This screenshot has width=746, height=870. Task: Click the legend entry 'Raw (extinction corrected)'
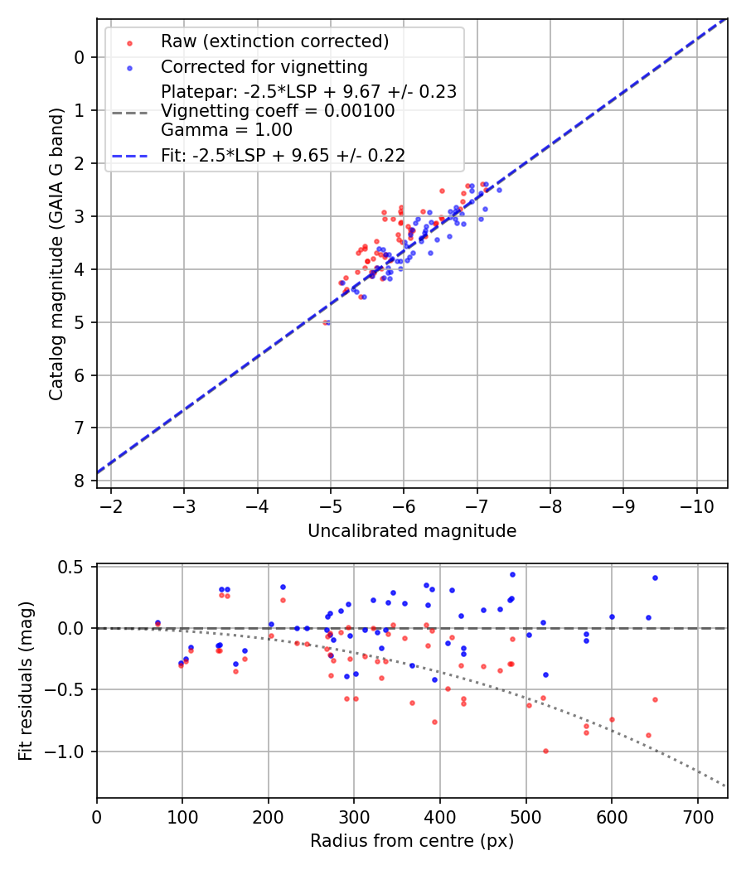(x=274, y=41)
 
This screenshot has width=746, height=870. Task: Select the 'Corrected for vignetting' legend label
(x=264, y=66)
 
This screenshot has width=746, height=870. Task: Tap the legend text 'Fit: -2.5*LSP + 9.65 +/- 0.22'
(x=283, y=155)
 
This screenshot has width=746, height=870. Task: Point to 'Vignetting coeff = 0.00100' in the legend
(x=278, y=111)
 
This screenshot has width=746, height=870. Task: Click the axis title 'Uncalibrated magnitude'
(x=412, y=531)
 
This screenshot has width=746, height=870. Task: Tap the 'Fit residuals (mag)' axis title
(x=26, y=681)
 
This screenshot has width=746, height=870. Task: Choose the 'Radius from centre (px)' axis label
(x=412, y=841)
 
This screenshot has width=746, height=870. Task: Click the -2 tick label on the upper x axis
(x=112, y=505)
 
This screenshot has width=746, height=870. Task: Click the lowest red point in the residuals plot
(x=545, y=751)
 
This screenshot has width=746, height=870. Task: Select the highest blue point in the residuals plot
(x=512, y=574)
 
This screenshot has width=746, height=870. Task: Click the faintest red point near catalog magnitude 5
(x=326, y=322)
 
